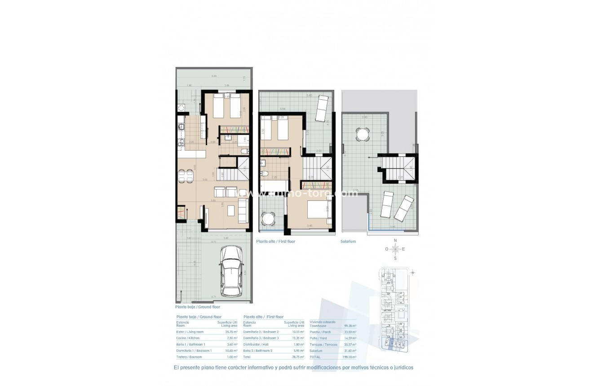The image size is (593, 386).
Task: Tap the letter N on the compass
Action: pos(395,240)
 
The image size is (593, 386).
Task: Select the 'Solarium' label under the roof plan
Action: pos(348,241)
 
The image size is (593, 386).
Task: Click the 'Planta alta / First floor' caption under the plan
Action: pos(275,241)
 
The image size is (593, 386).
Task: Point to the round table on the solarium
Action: pos(362,133)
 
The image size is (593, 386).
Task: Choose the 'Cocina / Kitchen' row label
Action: pos(188,338)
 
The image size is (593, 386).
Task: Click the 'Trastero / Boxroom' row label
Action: pos(189,357)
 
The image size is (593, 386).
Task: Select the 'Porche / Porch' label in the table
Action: pos(320,332)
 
